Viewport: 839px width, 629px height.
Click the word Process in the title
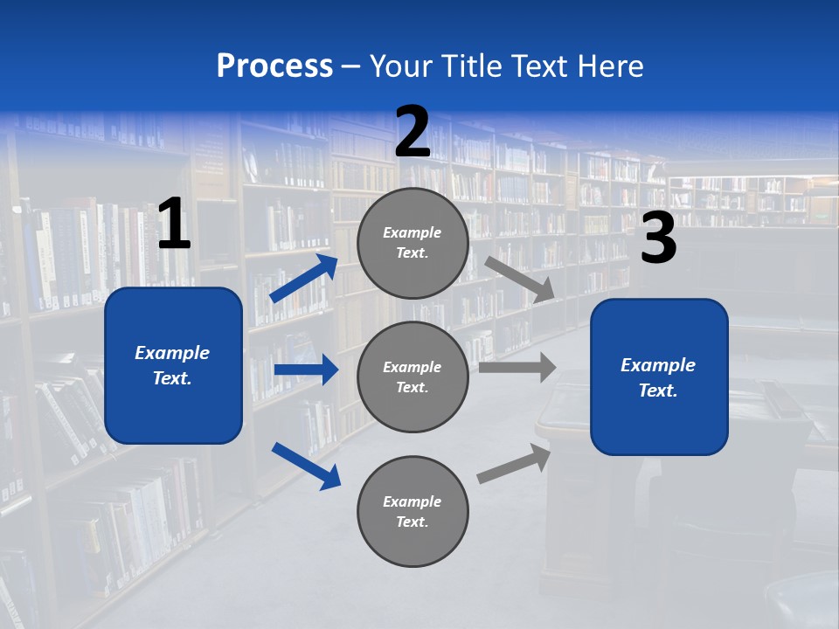tap(274, 66)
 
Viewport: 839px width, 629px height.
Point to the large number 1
tap(174, 225)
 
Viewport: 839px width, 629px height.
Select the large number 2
tap(413, 133)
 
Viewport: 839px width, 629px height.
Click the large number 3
tap(658, 239)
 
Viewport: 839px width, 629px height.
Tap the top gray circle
tap(413, 243)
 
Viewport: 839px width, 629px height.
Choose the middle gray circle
tap(413, 377)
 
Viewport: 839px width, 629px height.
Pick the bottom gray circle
tap(413, 511)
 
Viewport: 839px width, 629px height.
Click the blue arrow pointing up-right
tap(304, 278)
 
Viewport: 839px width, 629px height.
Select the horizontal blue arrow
tap(306, 370)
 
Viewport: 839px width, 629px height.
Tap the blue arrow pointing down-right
tap(306, 465)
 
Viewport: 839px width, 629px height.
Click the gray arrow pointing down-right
tap(519, 279)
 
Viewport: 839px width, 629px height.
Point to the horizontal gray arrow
tap(517, 367)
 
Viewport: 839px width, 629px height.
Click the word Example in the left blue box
tap(172, 353)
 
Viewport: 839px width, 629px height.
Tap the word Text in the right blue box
tap(657, 391)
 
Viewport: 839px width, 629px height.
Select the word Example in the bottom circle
tap(413, 501)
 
